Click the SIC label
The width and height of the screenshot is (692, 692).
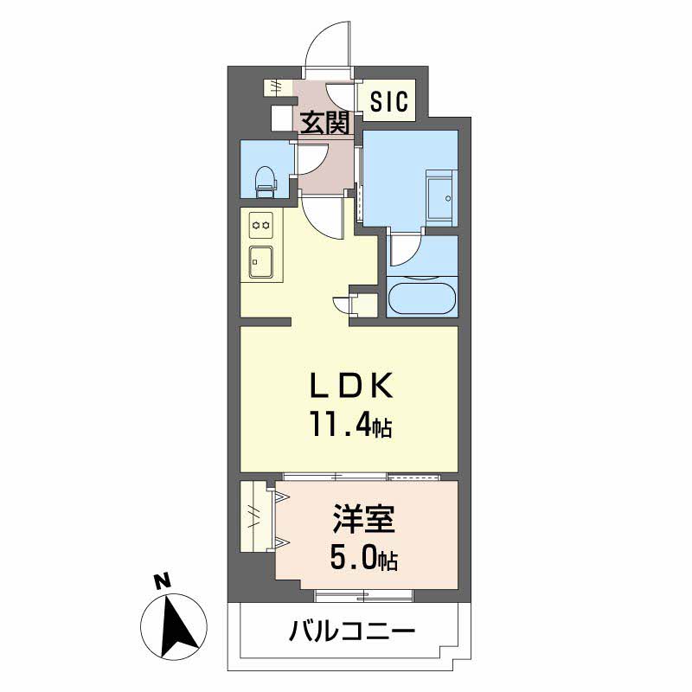(x=387, y=102)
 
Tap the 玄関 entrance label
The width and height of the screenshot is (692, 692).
(x=324, y=123)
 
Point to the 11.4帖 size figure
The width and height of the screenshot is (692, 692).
(x=351, y=425)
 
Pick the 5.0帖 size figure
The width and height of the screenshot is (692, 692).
(x=363, y=560)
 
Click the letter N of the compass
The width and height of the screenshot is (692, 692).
(x=159, y=582)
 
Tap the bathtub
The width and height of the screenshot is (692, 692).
(x=421, y=299)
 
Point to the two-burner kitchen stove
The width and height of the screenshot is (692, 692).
(x=260, y=225)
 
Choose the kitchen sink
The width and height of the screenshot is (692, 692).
(x=260, y=257)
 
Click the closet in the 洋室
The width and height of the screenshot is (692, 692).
(x=258, y=516)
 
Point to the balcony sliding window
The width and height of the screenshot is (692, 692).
(x=363, y=594)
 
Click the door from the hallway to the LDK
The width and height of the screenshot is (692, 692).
(x=324, y=216)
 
